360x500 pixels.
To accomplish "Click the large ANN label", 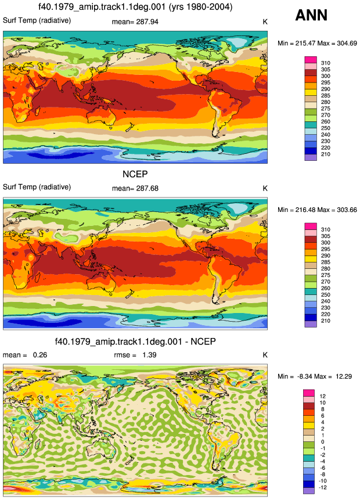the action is pos(311,15).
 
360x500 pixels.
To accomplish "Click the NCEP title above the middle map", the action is pos(135,174).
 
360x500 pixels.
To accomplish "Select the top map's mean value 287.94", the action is pos(147,22).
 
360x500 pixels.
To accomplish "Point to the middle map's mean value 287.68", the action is pos(147,189).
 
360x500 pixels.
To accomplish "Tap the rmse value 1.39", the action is pos(149,355).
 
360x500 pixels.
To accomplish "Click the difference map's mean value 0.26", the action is pos(40,355).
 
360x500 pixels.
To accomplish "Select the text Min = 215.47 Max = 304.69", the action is pos(317,44).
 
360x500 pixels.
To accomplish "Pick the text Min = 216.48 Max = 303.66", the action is pos(317,210).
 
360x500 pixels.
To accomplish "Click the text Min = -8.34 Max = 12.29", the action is pos(315,376).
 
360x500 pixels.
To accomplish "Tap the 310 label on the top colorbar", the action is pos(326,63).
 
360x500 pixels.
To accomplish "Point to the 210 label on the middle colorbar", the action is pos(326,321).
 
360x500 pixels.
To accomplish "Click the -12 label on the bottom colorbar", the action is pos(323,488).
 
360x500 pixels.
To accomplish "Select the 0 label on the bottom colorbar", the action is pos(323,442).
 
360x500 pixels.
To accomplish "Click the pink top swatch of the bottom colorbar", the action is pos(309,393).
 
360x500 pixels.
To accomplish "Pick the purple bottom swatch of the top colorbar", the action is pos(311,157).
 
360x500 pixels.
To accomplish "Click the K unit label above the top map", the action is pos(265,22).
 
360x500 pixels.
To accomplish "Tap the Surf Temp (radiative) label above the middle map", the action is pos(37,187).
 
